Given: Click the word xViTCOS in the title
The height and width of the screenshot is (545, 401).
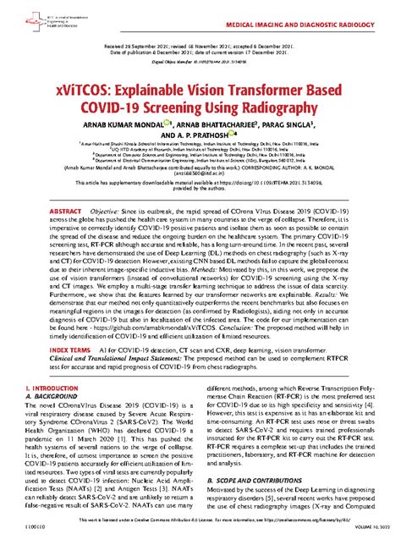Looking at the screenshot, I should tap(80, 86).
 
